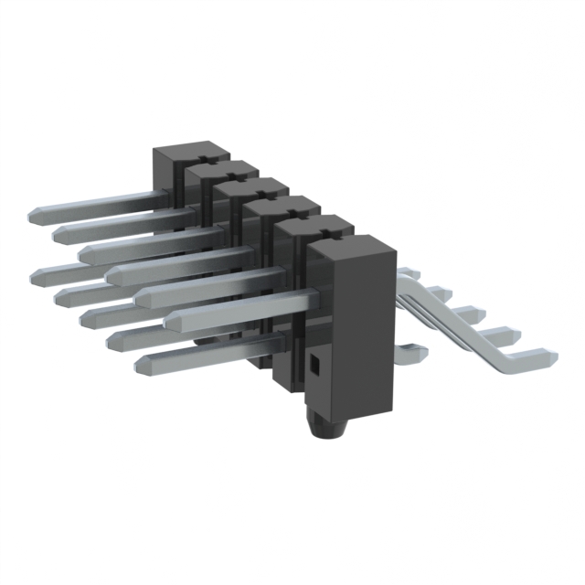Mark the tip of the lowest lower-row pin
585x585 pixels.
coord(142,366)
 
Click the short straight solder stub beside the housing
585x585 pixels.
coord(411,350)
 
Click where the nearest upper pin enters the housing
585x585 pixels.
coord(315,297)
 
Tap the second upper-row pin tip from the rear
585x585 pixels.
coord(59,234)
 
